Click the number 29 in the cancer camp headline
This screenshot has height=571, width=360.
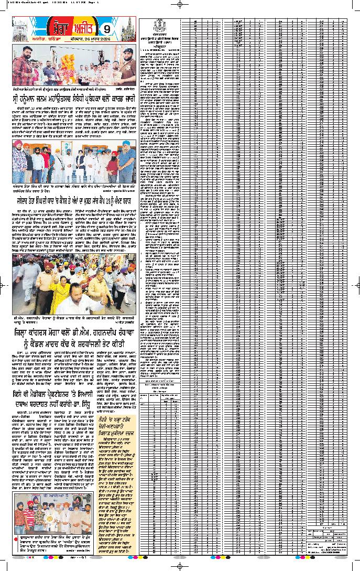(x=111, y=200)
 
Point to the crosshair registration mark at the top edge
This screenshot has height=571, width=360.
(x=180, y=4)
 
